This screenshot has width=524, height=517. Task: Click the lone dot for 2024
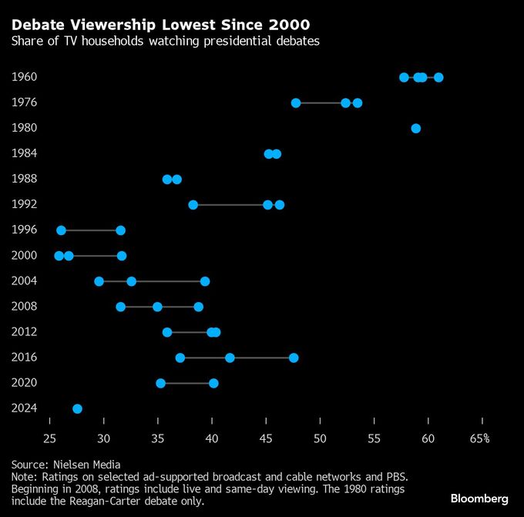point(77,408)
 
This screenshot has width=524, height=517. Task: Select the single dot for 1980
point(416,128)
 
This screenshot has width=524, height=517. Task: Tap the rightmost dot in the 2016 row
point(294,358)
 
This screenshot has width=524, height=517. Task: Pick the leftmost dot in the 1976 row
point(296,102)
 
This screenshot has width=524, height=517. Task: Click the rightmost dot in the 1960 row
point(438,77)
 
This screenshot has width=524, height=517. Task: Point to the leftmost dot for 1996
point(62,230)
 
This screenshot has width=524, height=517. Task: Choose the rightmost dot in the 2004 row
point(205,281)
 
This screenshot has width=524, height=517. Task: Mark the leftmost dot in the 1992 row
point(193,205)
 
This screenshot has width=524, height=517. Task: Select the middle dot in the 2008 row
point(157,307)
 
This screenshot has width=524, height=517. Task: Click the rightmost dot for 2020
point(213,383)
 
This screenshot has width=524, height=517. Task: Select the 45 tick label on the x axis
point(266,438)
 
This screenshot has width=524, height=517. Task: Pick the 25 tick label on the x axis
point(50,438)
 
